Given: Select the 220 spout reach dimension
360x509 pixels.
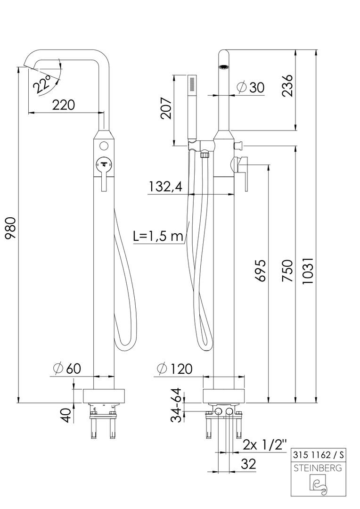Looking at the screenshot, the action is click(64, 105).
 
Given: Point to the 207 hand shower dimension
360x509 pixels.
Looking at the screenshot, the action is click(167, 108).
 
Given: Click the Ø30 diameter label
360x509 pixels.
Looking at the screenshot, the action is click(251, 87).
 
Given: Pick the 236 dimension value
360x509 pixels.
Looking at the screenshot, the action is click(287, 86).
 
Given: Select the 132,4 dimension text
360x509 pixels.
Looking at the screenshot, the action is click(166, 187).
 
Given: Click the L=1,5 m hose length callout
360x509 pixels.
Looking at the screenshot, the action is click(158, 236).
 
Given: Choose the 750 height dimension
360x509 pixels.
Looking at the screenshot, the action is click(287, 271).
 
